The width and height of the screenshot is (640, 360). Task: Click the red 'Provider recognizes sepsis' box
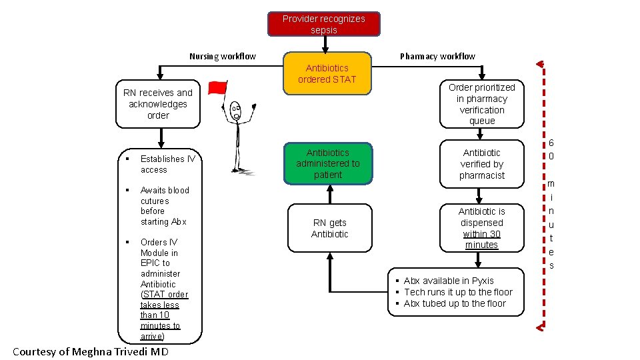tap(323, 24)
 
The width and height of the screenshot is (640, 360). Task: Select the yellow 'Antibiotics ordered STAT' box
tap(327, 73)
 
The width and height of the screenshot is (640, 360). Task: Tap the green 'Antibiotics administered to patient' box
tap(327, 164)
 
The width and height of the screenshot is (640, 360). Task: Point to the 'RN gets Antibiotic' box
tap(329, 228)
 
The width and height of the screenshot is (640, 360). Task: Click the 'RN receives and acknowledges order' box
tap(158, 104)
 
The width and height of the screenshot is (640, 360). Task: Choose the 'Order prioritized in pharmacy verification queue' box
tap(481, 104)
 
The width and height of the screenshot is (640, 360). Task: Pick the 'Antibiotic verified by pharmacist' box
tap(481, 164)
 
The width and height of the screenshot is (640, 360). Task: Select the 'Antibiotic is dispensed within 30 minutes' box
tap(481, 228)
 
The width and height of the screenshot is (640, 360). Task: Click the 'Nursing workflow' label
tap(222, 56)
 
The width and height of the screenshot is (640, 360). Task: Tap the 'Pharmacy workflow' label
tap(437, 56)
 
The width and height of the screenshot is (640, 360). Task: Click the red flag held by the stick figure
tap(217, 88)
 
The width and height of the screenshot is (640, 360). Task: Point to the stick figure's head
tap(235, 111)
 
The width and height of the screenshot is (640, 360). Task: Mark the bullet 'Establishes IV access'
tap(167, 164)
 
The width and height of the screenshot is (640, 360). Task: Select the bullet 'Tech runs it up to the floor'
tap(458, 292)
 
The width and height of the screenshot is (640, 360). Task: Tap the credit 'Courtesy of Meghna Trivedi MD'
tap(91, 351)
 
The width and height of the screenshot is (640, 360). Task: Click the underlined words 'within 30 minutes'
tap(481, 239)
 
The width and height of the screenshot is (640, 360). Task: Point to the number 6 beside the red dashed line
tap(551, 143)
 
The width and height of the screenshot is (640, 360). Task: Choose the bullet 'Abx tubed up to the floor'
tap(455, 303)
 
